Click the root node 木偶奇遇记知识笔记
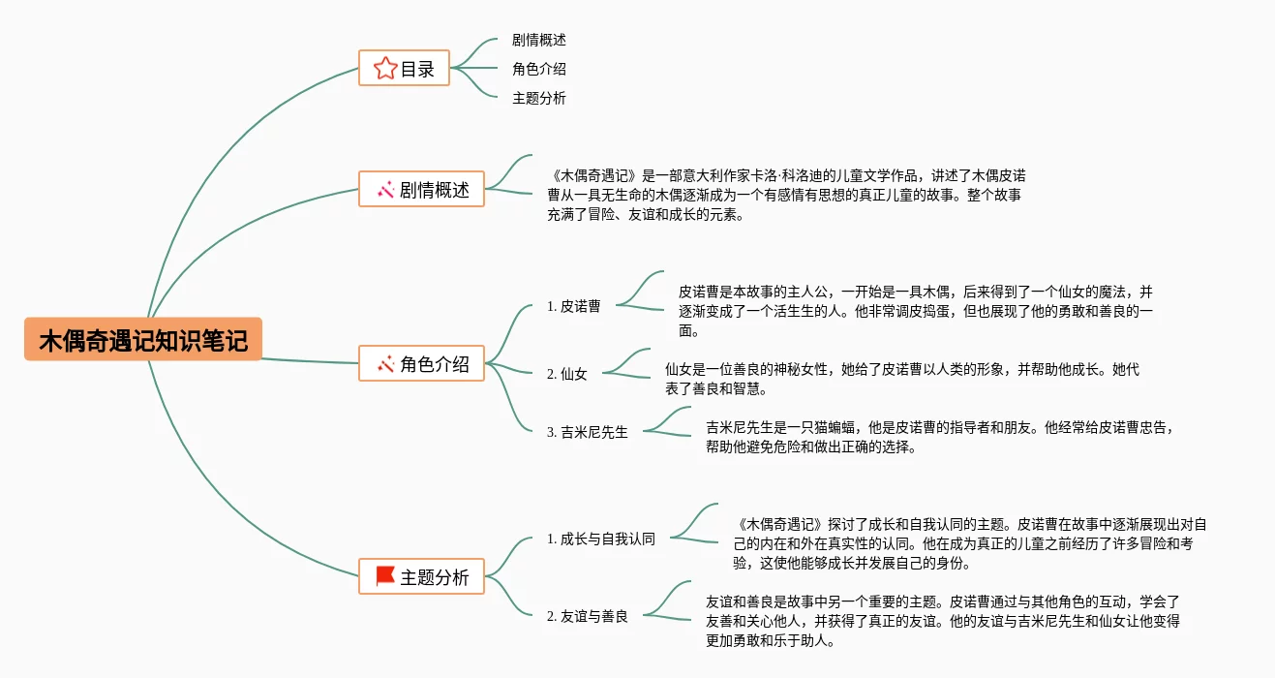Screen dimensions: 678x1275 tap(143, 340)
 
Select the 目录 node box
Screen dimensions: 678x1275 tap(404, 68)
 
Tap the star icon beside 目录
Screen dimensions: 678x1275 tap(384, 68)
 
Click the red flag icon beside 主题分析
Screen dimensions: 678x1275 tap(384, 576)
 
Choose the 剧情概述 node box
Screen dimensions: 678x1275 tap(421, 189)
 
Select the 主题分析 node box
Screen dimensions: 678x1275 tap(421, 576)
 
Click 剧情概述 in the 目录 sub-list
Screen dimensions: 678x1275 tap(539, 40)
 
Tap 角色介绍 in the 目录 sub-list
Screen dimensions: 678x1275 tap(539, 69)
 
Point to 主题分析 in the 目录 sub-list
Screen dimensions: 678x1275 tap(539, 98)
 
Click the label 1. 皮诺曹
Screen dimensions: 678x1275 tap(574, 306)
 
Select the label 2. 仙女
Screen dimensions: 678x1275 tap(567, 374)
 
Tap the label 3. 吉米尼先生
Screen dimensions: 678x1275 tap(588, 432)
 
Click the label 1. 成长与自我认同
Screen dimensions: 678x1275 tap(601, 539)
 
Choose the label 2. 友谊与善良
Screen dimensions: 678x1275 tap(588, 616)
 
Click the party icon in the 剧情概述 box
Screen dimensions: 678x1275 tap(384, 189)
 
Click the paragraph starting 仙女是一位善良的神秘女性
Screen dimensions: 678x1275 tap(902, 379)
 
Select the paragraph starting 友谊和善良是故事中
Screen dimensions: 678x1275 tap(943, 621)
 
